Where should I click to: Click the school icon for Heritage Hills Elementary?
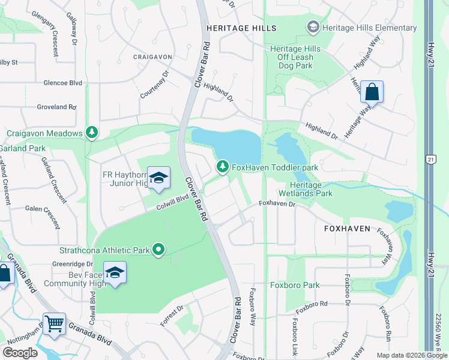(x=312, y=28)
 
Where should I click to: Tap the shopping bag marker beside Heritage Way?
(x=372, y=92)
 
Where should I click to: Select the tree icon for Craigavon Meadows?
(x=91, y=133)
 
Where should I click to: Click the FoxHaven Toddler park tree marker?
(x=223, y=166)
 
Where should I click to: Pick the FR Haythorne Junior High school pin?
(x=158, y=178)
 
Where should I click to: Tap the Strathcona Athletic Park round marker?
(x=158, y=249)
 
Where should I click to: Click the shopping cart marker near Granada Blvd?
(x=54, y=324)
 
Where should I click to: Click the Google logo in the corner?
(x=20, y=353)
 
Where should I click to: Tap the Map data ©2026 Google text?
(x=411, y=355)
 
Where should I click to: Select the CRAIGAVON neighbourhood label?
(x=152, y=57)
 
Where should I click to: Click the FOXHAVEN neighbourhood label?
(x=348, y=229)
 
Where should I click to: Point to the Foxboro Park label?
(x=294, y=286)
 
